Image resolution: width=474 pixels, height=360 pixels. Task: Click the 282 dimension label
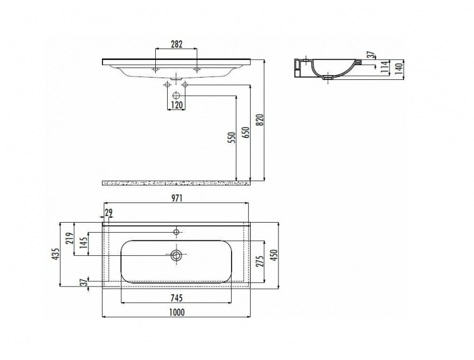tap(177, 44)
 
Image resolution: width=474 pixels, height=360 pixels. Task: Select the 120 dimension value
tap(177, 105)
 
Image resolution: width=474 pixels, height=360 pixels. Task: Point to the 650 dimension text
tap(246, 133)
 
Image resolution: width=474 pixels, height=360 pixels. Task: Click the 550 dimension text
tap(232, 138)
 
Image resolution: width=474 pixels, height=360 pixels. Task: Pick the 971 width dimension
tap(177, 198)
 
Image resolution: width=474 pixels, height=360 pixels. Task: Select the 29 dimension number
tap(109, 213)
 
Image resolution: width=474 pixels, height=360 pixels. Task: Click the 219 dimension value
tap(70, 239)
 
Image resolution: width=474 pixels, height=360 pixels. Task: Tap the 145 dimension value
tap(84, 242)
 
